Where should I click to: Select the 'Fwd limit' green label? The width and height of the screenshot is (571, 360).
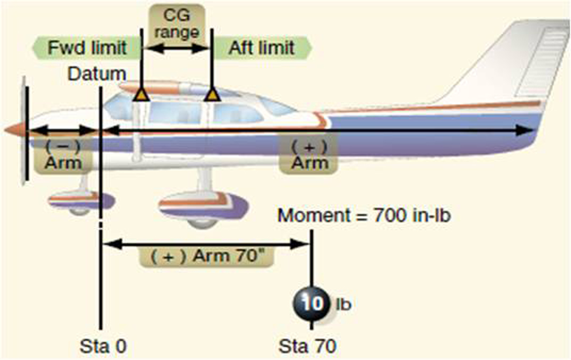[87, 48]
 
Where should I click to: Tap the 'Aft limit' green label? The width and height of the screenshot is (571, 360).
[262, 48]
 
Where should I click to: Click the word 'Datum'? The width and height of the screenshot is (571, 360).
[97, 74]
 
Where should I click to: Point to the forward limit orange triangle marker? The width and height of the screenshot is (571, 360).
[141, 95]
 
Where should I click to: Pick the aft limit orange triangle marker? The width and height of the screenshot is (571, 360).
[211, 95]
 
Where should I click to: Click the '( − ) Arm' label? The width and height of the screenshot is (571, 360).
[62, 155]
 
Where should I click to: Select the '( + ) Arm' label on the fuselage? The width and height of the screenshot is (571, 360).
[309, 155]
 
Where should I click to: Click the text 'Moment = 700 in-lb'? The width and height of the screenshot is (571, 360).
[365, 216]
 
